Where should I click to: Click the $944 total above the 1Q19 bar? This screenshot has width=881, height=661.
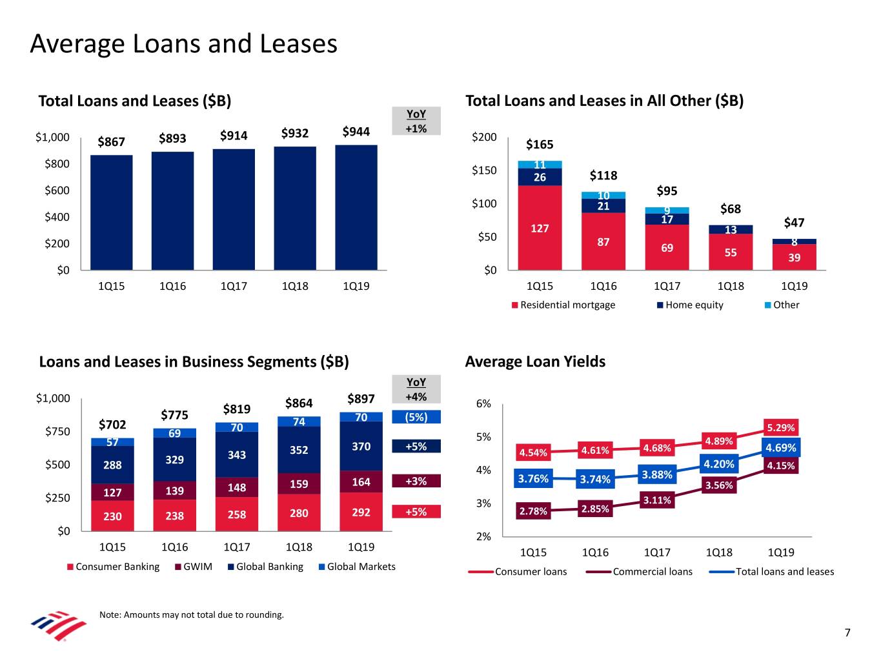click(x=356, y=132)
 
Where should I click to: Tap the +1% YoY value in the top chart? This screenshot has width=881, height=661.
click(x=416, y=128)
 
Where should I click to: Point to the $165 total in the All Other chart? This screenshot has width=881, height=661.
click(x=540, y=144)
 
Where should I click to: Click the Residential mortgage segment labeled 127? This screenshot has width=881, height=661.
click(x=540, y=228)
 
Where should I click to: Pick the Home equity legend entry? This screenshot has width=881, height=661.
click(x=690, y=305)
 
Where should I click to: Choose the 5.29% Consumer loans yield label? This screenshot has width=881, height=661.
click(x=781, y=427)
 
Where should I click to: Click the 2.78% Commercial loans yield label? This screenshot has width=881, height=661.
click(x=533, y=511)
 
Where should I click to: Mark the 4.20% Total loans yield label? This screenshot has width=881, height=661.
click(x=718, y=464)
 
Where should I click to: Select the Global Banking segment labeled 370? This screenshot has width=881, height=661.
click(x=361, y=446)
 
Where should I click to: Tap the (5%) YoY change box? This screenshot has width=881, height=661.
click(x=416, y=417)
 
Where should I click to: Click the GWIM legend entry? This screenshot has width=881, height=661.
click(x=193, y=567)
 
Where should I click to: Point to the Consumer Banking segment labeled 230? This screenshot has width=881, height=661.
click(x=112, y=516)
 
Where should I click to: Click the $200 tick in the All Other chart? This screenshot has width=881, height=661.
click(x=484, y=137)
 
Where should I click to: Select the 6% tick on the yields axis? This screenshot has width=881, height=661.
click(x=483, y=404)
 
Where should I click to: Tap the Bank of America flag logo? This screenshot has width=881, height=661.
click(x=59, y=624)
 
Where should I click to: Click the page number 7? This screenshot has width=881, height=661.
click(x=847, y=633)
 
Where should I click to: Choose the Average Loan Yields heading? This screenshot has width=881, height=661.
click(x=535, y=361)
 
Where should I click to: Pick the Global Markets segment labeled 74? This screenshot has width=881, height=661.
click(x=299, y=422)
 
